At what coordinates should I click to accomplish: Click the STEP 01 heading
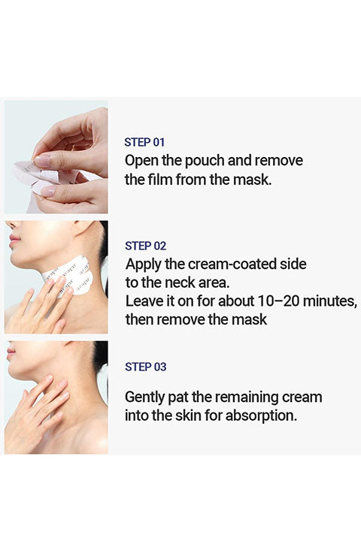click(144, 142)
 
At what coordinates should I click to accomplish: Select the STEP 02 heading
click(145, 246)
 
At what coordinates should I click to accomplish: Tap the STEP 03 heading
click(145, 367)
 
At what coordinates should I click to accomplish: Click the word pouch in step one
click(205, 162)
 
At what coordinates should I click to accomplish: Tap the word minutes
click(330, 301)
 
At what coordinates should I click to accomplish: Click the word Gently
click(144, 397)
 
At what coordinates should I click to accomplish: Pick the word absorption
click(261, 416)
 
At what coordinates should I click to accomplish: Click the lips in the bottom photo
click(11, 352)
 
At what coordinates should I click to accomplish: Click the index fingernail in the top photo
click(42, 162)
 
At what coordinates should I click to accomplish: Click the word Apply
click(143, 265)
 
